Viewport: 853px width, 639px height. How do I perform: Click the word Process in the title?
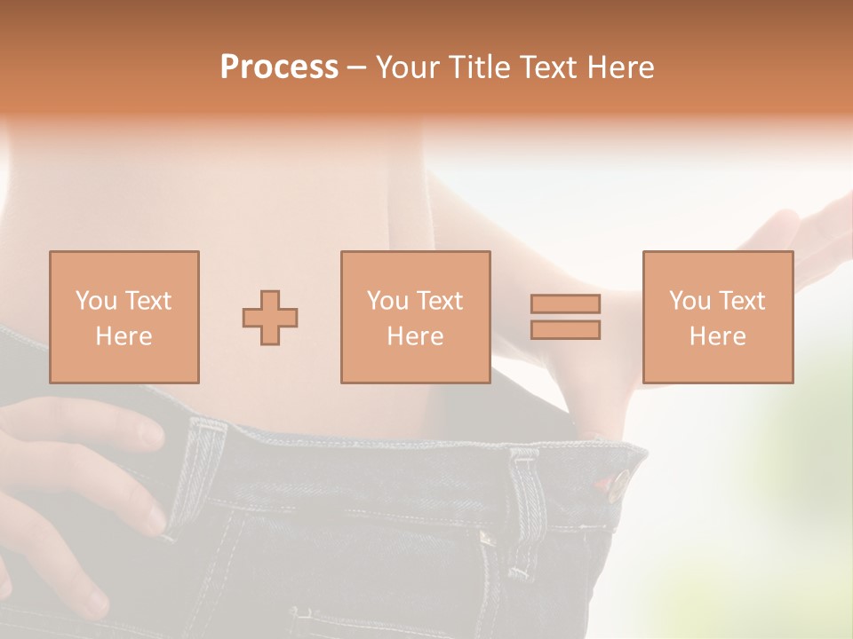click(x=279, y=67)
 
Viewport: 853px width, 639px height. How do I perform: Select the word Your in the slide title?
click(x=405, y=67)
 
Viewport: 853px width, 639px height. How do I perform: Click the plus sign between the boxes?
click(x=270, y=318)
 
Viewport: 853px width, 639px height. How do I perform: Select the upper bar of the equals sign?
click(x=565, y=304)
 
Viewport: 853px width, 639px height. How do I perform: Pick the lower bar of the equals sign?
click(x=565, y=329)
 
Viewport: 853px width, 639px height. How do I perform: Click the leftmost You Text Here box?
click(x=124, y=317)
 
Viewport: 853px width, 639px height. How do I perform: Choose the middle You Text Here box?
click(x=416, y=317)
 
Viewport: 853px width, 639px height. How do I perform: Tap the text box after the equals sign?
click(x=718, y=317)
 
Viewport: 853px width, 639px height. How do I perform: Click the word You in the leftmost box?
click(x=96, y=301)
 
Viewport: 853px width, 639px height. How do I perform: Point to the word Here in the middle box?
click(x=416, y=336)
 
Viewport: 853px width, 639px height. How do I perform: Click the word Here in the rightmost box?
click(x=718, y=336)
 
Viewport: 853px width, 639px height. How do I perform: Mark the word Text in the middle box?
click(x=439, y=301)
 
